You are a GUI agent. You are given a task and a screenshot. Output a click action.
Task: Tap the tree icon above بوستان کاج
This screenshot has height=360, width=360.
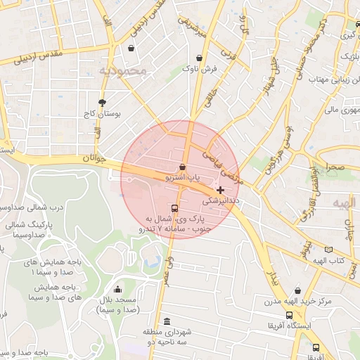tap(103, 102)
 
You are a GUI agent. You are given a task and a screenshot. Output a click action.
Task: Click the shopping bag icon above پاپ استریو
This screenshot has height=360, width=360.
tap(183, 167)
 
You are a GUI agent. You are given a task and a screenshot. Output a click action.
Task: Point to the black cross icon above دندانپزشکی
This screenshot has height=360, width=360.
tap(221, 190)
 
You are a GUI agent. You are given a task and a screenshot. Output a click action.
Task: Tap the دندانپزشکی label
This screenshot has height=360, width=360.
tap(221, 200)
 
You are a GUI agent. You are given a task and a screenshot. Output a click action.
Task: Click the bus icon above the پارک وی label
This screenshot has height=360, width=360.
tap(174, 208)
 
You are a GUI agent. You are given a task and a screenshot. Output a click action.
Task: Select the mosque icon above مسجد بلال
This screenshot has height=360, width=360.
tap(117, 289)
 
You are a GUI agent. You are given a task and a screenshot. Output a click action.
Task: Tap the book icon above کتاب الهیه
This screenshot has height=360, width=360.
tap(328, 250)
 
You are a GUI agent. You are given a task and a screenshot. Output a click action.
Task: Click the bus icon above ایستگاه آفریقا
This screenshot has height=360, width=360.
tap(289, 316)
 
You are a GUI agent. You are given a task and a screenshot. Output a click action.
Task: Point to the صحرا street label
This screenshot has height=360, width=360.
tap(335, 167)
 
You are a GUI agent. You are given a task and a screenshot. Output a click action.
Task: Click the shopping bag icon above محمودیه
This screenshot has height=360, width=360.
tap(131, 49)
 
